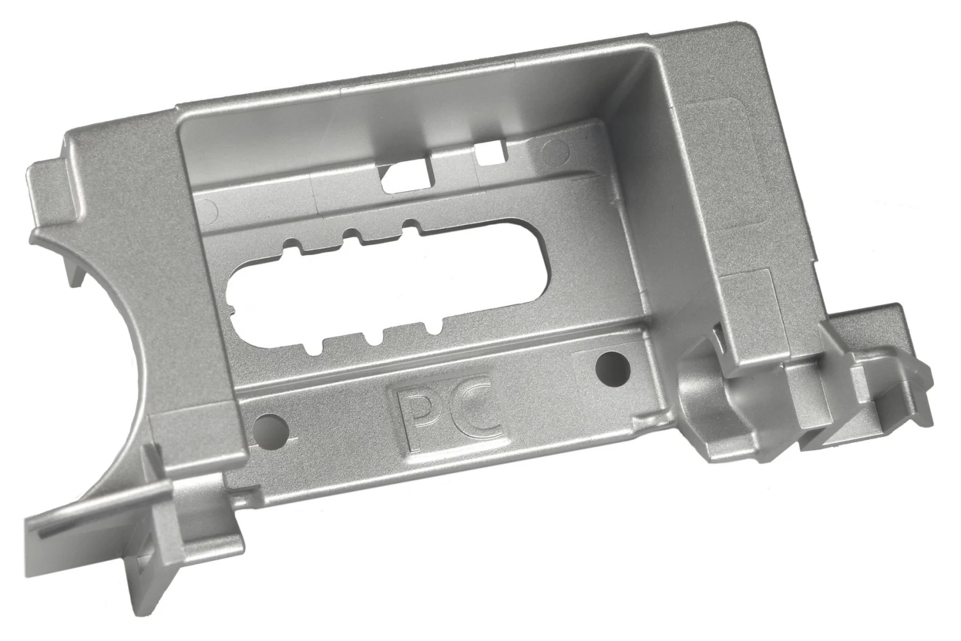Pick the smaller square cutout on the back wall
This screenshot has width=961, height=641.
pos(488,153)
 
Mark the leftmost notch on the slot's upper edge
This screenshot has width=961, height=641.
pos(292,246)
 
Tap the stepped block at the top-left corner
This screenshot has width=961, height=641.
pos(54,186)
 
